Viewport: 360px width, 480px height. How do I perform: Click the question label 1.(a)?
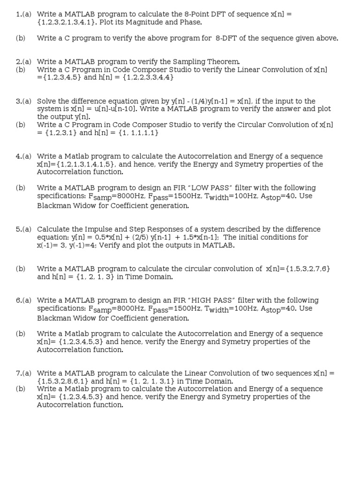click(x=23, y=14)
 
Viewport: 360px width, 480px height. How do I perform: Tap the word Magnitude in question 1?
click(x=155, y=22)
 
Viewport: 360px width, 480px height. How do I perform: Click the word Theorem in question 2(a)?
click(x=225, y=61)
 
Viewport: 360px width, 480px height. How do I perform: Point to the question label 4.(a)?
click(x=23, y=156)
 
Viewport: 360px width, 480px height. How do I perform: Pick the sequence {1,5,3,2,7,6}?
click(x=299, y=269)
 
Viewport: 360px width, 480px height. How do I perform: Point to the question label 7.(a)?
click(x=23, y=373)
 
